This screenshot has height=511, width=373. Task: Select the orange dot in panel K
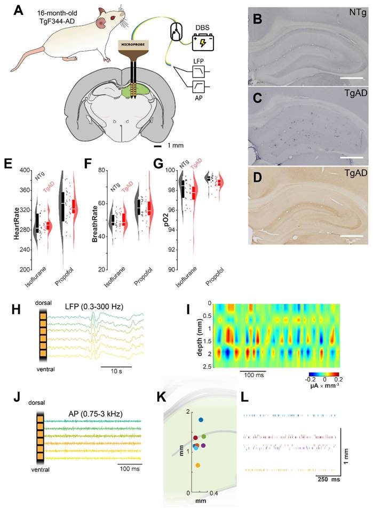[198, 466]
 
